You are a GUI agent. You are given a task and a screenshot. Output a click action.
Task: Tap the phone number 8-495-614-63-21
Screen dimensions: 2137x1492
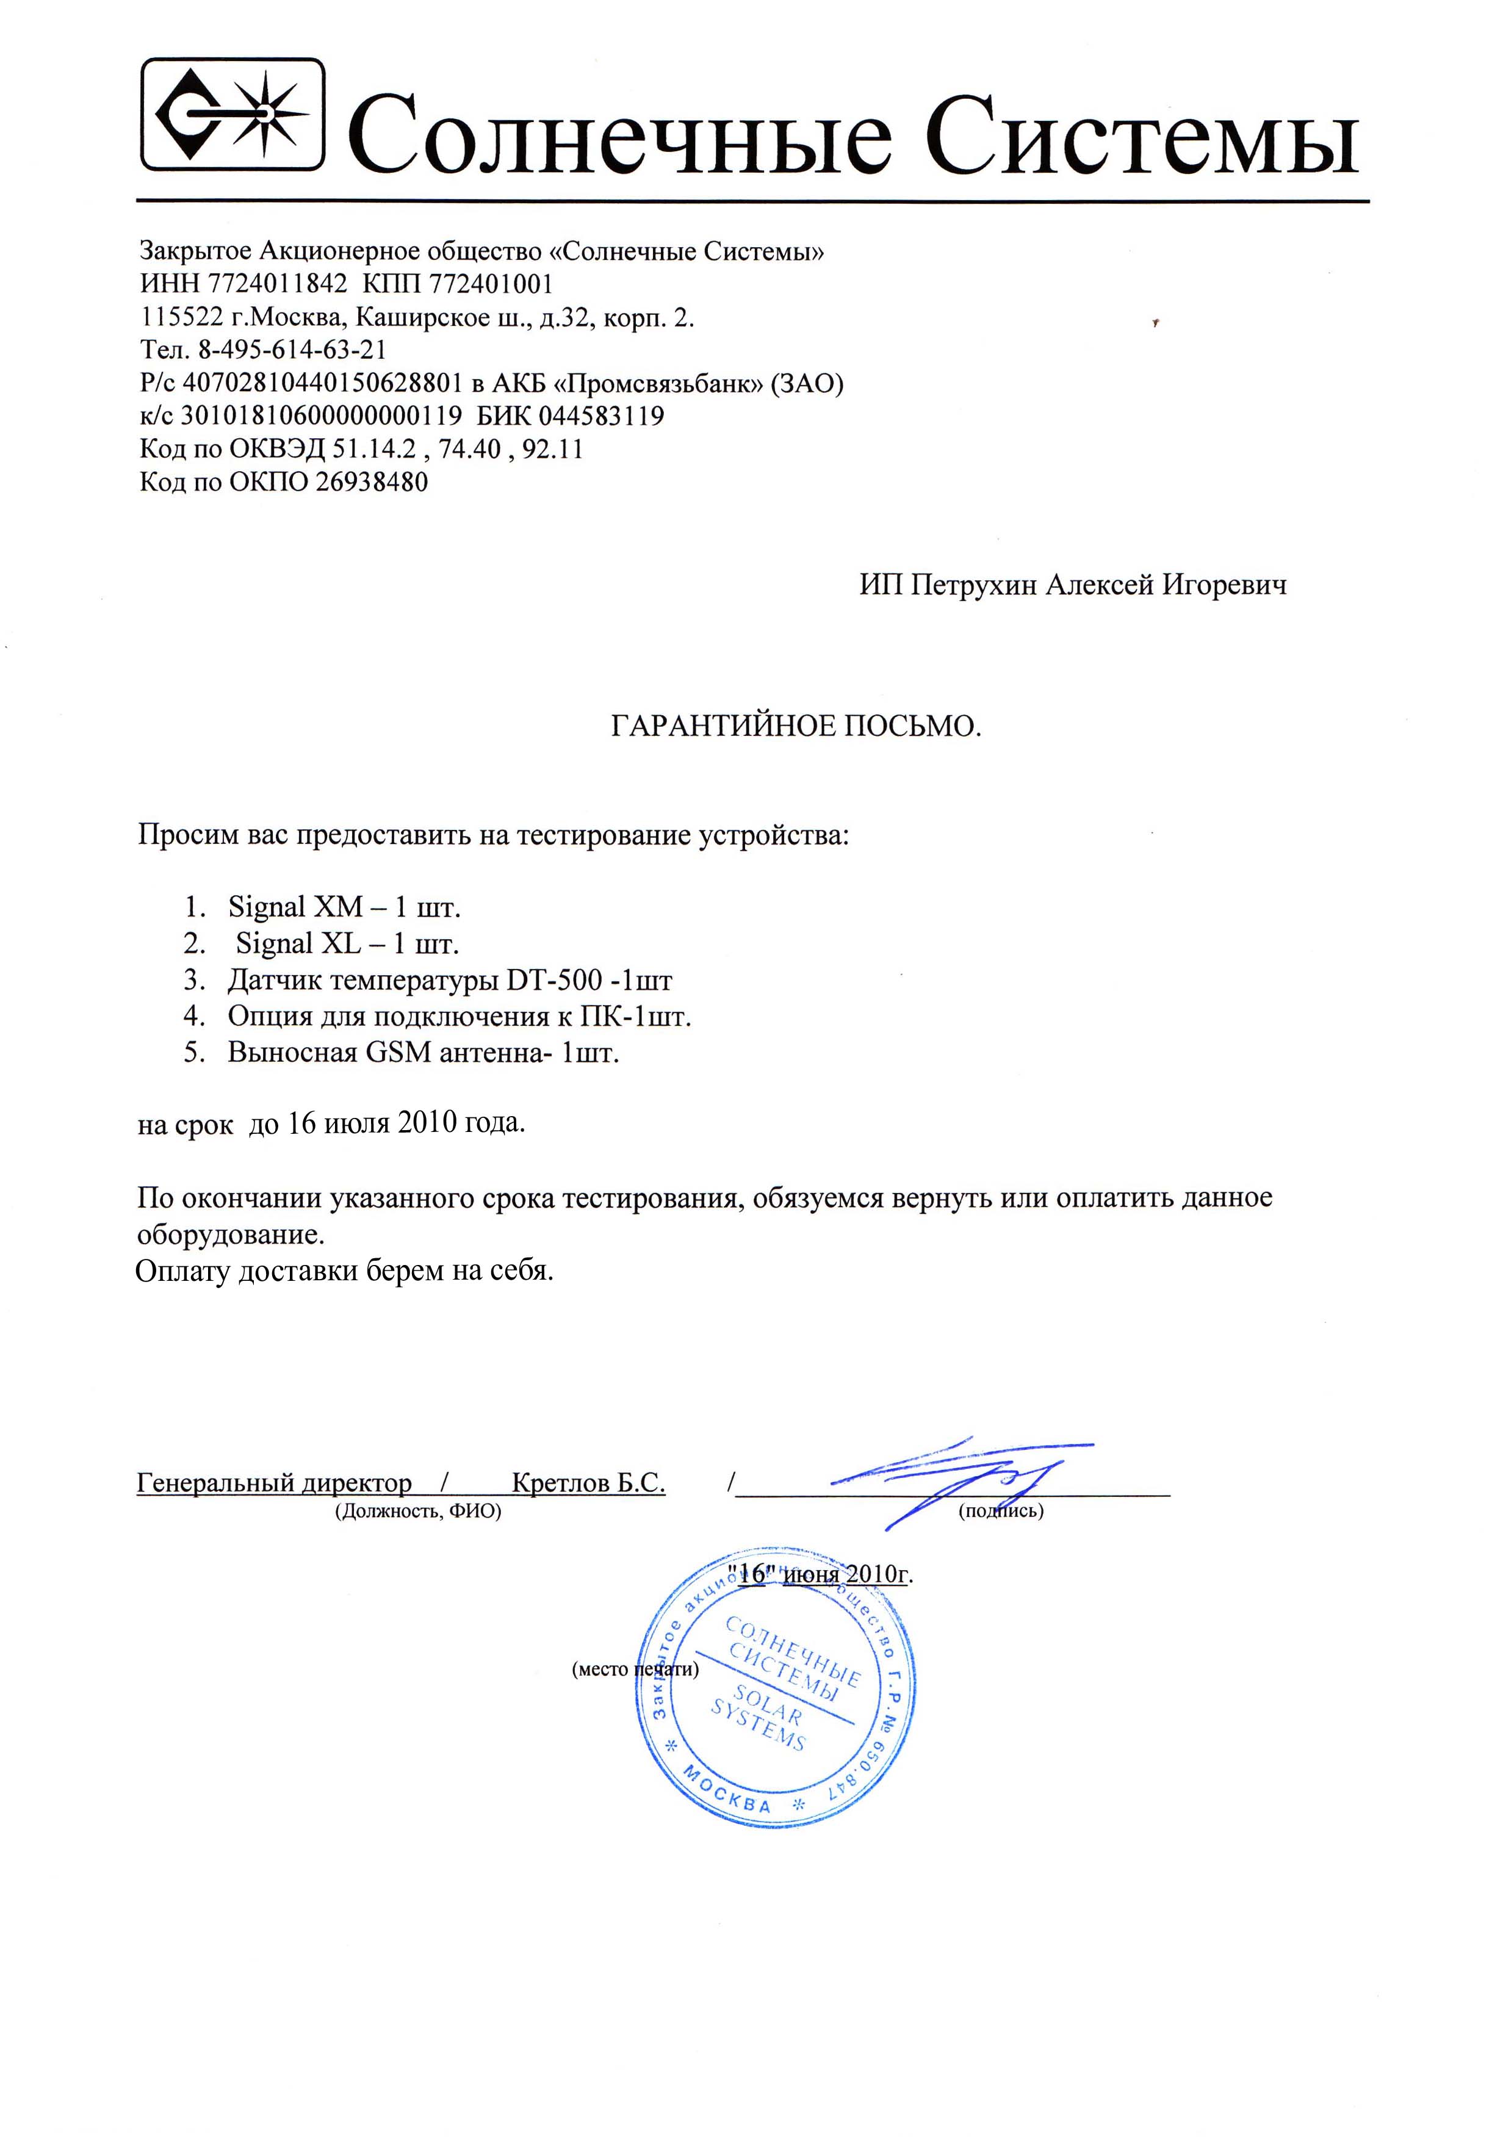pyautogui.click(x=292, y=350)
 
